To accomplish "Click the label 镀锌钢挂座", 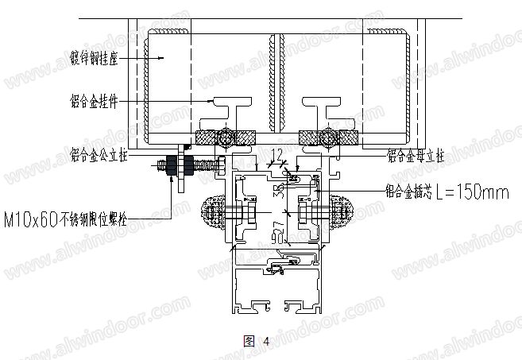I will (95, 58).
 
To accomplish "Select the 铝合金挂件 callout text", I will (95, 102).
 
